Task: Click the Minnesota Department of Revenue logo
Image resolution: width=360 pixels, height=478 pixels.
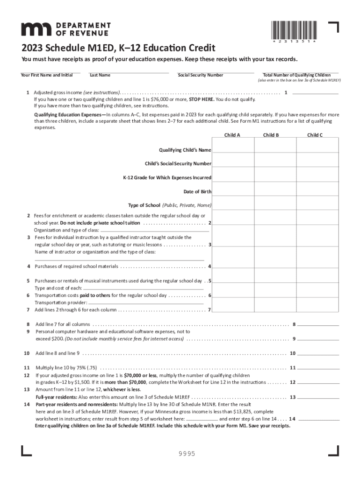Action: click(65, 28)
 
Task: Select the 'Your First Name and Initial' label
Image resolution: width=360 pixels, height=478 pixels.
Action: click(47, 75)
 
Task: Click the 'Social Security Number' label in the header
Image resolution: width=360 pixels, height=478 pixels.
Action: click(201, 75)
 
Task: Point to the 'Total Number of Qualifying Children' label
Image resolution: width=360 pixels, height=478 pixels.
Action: click(297, 75)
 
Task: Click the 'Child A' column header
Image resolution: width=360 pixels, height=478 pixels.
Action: click(232, 135)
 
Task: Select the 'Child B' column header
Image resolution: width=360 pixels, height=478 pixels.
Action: click(271, 135)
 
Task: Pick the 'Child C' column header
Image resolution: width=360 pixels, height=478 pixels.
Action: click(315, 135)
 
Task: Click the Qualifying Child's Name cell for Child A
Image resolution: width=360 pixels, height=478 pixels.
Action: click(232, 150)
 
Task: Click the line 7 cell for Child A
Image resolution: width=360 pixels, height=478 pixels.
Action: click(232, 309)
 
